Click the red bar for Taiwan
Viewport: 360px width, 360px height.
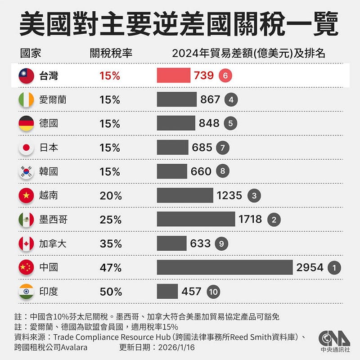pyautogui.click(x=174, y=76)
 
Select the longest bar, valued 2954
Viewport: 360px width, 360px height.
pyautogui.click(x=225, y=267)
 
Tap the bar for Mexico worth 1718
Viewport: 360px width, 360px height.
pyautogui.click(x=196, y=219)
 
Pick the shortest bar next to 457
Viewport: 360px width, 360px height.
pyautogui.click(x=167, y=292)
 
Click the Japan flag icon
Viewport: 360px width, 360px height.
pyautogui.click(x=26, y=148)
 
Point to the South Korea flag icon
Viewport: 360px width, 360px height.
pyautogui.click(x=26, y=171)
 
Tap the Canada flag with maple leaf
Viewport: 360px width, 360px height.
pyautogui.click(x=26, y=243)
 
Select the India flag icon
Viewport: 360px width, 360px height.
pyautogui.click(x=26, y=292)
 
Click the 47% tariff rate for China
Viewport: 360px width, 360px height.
pyautogui.click(x=111, y=268)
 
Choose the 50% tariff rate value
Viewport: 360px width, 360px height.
pyautogui.click(x=111, y=292)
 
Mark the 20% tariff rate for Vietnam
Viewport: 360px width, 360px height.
pyautogui.click(x=111, y=196)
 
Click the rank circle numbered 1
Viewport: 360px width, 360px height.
pyautogui.click(x=334, y=268)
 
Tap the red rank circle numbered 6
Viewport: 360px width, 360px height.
pyautogui.click(x=225, y=76)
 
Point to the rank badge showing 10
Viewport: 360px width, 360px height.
pyautogui.click(x=214, y=292)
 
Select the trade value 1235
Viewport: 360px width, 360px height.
pyautogui.click(x=229, y=196)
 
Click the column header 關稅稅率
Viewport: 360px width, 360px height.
pyautogui.click(x=111, y=53)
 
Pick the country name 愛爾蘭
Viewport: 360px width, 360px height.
pyautogui.click(x=53, y=99)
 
